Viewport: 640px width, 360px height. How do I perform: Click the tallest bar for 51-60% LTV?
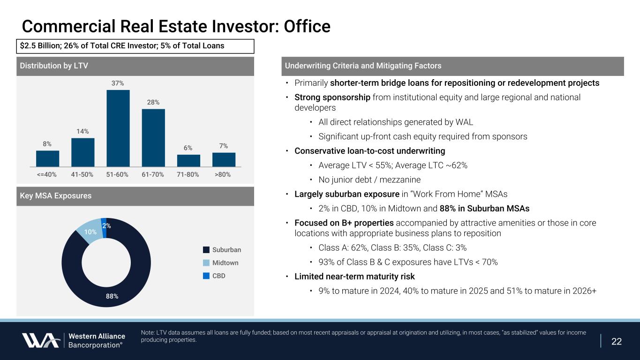coord(118,127)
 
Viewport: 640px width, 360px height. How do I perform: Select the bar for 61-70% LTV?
coord(153,137)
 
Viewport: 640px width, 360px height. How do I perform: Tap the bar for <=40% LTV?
coord(47,158)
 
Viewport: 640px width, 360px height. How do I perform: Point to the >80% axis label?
coord(222,174)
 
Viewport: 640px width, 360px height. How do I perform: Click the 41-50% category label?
coord(83,174)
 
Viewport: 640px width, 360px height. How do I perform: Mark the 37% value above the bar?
coord(118,83)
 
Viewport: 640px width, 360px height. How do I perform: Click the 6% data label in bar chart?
coord(188,147)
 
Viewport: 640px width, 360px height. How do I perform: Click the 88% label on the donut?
coord(112,296)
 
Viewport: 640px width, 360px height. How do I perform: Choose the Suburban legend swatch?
coord(206,249)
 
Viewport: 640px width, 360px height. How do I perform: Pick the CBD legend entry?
coord(218,276)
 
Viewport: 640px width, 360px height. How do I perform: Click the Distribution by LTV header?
coord(54,66)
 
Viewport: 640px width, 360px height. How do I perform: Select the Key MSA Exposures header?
coord(56,196)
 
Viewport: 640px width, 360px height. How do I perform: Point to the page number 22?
coord(617,341)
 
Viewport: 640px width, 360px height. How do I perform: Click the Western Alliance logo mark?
coord(40,340)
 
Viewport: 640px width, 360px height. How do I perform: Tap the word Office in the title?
coord(306,26)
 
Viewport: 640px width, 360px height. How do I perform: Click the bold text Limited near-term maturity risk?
coord(354,276)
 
